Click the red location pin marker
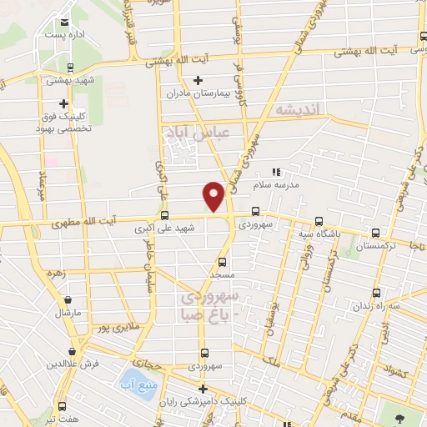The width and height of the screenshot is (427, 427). tap(214, 195)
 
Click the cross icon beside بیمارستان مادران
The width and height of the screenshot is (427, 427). tap(198, 80)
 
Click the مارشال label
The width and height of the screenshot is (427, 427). tap(68, 312)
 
